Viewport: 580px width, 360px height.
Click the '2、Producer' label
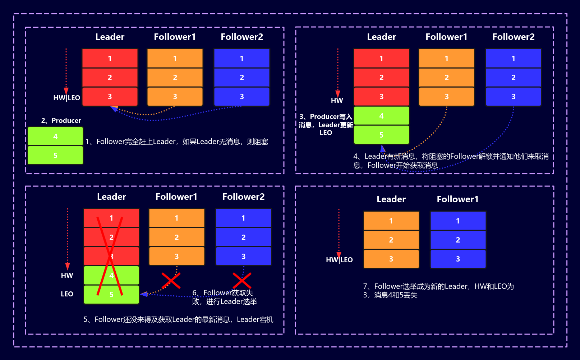(x=61, y=121)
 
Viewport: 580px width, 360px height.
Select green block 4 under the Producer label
(x=55, y=137)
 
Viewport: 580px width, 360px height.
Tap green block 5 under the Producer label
(x=55, y=156)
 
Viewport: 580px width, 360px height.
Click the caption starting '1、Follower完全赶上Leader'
(x=176, y=142)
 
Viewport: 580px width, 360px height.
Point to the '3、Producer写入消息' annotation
(x=326, y=125)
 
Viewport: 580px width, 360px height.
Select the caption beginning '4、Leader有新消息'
(x=451, y=161)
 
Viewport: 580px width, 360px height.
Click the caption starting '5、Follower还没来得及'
(x=178, y=319)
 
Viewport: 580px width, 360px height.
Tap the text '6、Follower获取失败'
(x=224, y=297)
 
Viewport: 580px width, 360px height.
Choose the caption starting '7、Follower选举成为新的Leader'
(x=438, y=291)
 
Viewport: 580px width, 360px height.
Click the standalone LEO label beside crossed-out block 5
(x=67, y=294)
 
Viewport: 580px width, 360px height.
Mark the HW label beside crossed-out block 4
(x=67, y=276)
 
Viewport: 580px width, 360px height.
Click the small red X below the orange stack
(x=171, y=281)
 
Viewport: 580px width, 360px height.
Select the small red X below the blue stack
(x=242, y=281)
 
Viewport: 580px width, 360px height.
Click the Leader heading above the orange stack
(x=391, y=199)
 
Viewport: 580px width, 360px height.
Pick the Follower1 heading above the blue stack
(x=457, y=199)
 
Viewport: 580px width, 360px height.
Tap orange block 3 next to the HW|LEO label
(x=391, y=259)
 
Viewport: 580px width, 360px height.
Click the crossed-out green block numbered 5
(x=111, y=295)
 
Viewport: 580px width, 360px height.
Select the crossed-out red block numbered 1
(x=111, y=218)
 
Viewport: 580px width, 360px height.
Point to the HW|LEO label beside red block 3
(x=66, y=98)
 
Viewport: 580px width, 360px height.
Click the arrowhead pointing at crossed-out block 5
(x=144, y=294)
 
